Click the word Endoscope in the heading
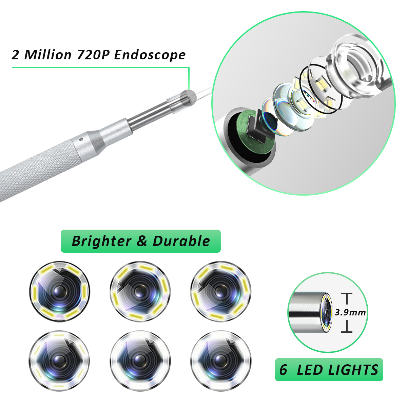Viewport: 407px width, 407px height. coord(150,55)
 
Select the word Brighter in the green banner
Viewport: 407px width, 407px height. coord(101,241)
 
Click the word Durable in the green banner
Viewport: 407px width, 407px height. coord(181,241)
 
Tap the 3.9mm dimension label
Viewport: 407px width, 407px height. coord(350,312)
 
